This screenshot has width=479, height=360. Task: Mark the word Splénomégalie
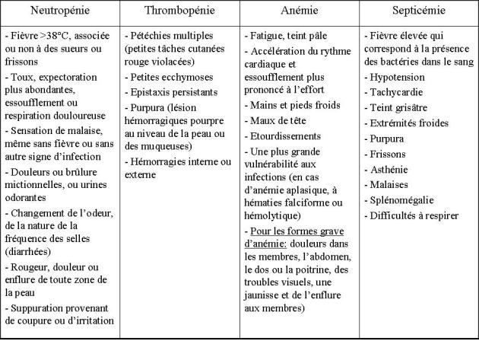pos(404,199)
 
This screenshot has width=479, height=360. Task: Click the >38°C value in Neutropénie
pos(50,36)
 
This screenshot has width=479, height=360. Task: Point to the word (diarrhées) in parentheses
pos(30,250)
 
